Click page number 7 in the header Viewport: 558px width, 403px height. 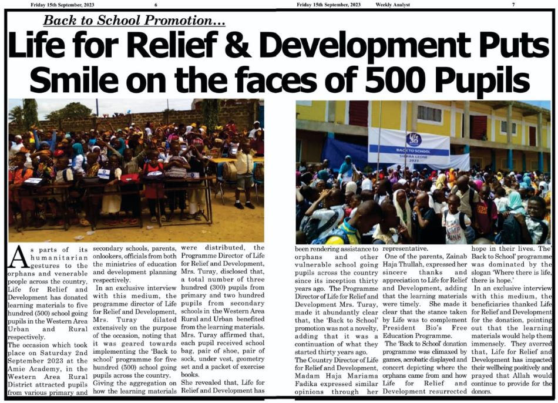pyautogui.click(x=513, y=5)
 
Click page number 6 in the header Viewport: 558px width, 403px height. pyautogui.click(x=156, y=5)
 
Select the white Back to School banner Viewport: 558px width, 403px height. pyautogui.click(x=409, y=146)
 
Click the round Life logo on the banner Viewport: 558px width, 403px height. pyautogui.click(x=414, y=139)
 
